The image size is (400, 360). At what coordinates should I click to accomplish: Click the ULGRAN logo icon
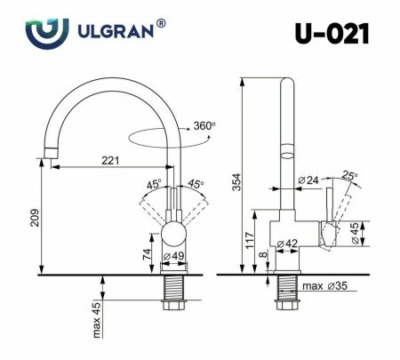pos(46,33)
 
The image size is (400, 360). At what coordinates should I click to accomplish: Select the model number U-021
pos(332,34)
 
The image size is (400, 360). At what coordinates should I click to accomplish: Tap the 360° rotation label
pos(202,126)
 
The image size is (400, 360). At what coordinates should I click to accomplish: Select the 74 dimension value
pos(144,253)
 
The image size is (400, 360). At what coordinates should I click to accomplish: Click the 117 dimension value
pos(251,238)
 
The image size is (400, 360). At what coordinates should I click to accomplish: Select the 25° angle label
pos(350,176)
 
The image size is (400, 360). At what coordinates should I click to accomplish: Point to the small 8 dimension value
pos(264,255)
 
